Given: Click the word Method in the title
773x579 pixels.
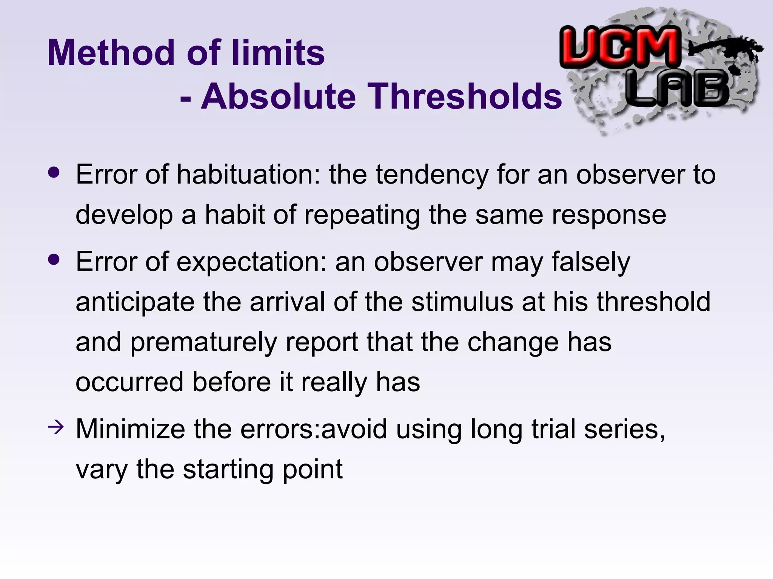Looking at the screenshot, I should pos(114,53).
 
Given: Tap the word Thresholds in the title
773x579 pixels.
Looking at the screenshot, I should pos(464,96).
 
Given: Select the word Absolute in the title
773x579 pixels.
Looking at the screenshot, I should pos(278,96).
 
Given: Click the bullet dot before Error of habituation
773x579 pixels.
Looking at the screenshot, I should pos(54,173).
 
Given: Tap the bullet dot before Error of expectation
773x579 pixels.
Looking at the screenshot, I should pos(54,260).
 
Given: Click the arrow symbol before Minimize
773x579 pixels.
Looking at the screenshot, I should pos(56,427).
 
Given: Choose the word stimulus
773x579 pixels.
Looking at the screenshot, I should pos(462,302).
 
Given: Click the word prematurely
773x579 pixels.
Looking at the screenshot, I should pos(203,343).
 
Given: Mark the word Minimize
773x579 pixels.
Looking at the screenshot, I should pos(130,429).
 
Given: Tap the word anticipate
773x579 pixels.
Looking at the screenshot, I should pos(135,303).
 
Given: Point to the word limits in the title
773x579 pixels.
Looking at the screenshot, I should pos(278,53).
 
